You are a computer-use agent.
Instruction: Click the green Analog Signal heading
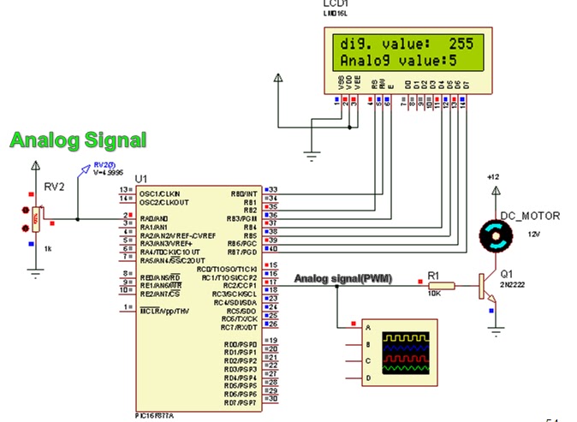pyautogui.click(x=78, y=140)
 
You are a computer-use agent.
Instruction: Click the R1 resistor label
pyautogui.click(x=433, y=276)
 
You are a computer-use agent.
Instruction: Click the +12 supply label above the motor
pyautogui.click(x=491, y=176)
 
